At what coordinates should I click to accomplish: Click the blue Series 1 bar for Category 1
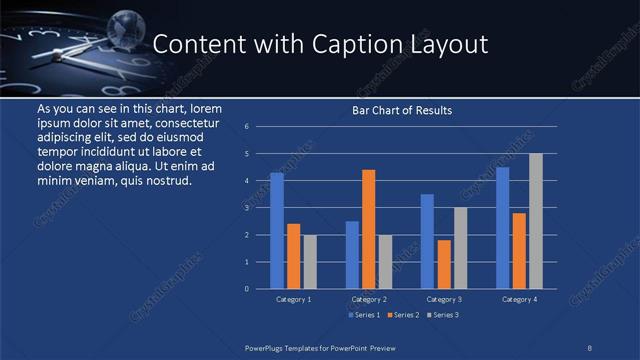click(277, 231)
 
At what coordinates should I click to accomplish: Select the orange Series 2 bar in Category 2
click(368, 229)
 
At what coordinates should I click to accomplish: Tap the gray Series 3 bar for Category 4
click(535, 221)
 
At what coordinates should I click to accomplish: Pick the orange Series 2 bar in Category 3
click(444, 264)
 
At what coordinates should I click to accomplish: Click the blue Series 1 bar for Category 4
click(502, 228)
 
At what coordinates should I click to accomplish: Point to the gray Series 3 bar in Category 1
click(310, 262)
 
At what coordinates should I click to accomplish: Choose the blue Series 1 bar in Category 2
click(352, 255)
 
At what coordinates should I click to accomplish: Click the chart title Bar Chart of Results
click(402, 110)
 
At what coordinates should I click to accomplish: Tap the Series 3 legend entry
click(443, 315)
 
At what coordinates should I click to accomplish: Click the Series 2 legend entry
click(403, 315)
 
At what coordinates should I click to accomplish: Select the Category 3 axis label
click(444, 299)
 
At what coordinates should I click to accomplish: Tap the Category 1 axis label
click(293, 299)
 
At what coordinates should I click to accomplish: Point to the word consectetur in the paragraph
click(183, 121)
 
